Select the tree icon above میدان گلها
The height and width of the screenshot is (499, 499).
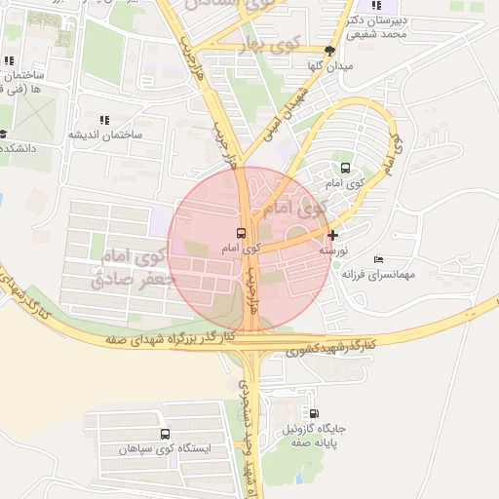tap(330, 51)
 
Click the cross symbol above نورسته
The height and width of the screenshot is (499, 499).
tap(333, 235)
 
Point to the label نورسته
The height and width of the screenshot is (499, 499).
tap(333, 250)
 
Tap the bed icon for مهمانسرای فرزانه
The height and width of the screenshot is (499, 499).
tap(378, 259)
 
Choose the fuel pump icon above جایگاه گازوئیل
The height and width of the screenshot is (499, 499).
tap(313, 413)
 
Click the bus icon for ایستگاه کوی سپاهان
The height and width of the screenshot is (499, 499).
tap(164, 435)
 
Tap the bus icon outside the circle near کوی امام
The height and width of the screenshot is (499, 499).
tap(345, 168)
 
